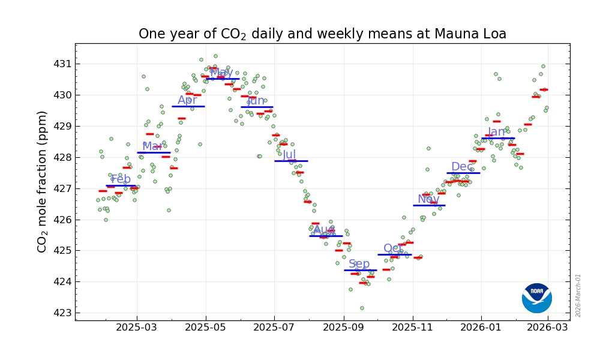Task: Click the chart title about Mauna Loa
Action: click(322, 34)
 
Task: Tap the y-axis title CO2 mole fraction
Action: click(43, 181)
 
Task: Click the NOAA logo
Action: click(536, 298)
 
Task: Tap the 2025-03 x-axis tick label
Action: click(137, 328)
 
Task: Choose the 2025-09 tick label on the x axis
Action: click(344, 328)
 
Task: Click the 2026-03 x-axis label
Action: click(550, 328)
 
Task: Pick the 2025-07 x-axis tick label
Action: click(274, 328)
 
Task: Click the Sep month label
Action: click(359, 264)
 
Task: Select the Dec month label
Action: click(462, 167)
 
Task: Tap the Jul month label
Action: click(289, 155)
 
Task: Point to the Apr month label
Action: click(187, 100)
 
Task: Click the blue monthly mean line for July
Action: click(291, 161)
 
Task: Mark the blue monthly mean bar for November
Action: click(429, 205)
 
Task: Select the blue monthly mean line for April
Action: click(188, 106)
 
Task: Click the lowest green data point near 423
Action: click(362, 308)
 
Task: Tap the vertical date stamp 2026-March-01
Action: click(578, 295)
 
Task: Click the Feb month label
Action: click(121, 179)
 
